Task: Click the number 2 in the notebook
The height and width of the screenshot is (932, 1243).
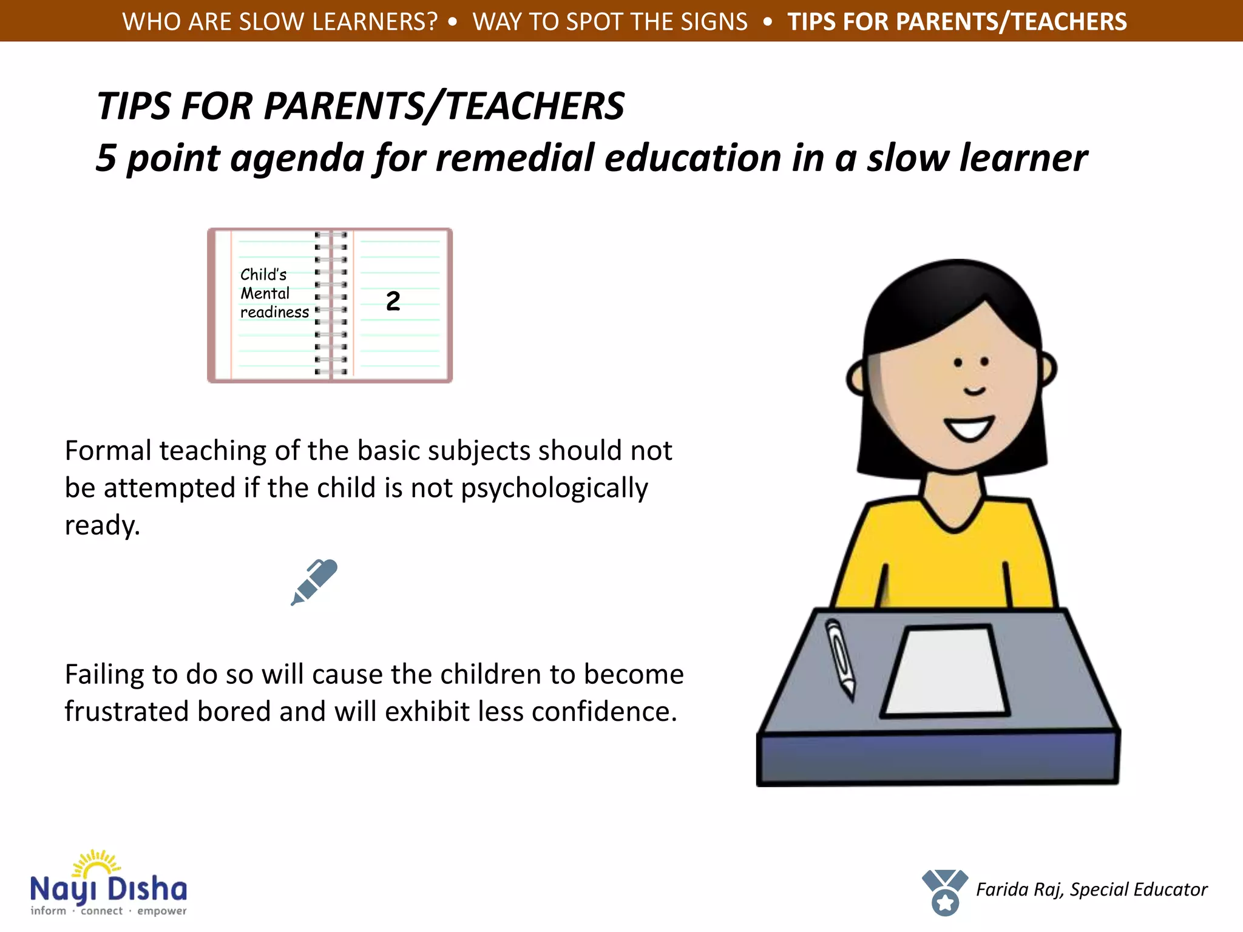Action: click(x=393, y=301)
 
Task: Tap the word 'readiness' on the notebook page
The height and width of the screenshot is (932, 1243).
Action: click(x=274, y=312)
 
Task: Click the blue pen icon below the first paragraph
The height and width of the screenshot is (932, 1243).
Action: click(x=314, y=582)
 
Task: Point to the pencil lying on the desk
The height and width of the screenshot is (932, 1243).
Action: click(x=841, y=658)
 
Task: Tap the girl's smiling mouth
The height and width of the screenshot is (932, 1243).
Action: click(x=969, y=428)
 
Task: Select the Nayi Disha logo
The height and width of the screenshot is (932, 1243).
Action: click(x=108, y=884)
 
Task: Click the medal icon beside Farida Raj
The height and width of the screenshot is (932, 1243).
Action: click(x=944, y=892)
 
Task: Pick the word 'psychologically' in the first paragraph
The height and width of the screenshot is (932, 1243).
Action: click(x=554, y=488)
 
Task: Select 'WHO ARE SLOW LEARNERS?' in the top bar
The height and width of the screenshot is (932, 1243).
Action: click(x=280, y=22)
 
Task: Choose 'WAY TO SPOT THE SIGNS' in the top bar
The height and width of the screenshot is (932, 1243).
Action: click(x=610, y=22)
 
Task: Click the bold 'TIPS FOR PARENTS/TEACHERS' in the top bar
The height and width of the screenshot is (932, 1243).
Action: click(x=957, y=22)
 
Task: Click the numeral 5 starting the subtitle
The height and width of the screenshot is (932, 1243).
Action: click(x=106, y=158)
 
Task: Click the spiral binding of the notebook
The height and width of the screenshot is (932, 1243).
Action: click(x=331, y=303)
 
